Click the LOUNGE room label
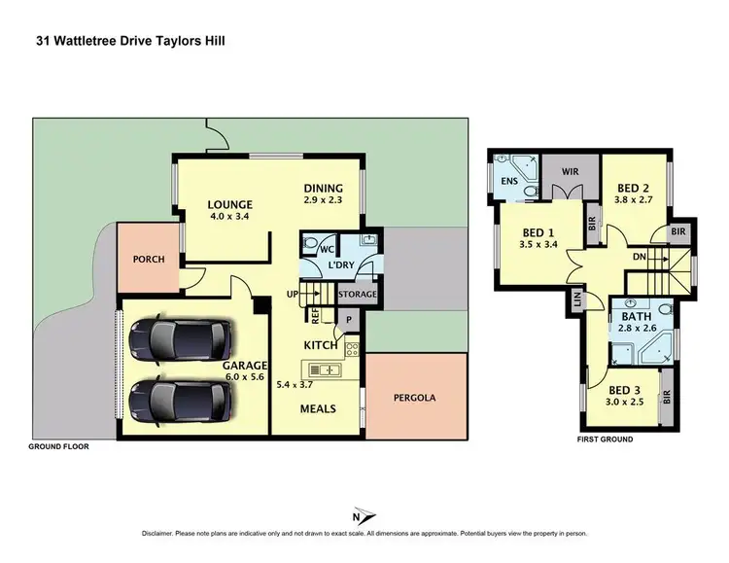point(230,205)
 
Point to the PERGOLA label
point(415,397)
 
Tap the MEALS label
point(317,408)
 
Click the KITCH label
point(320,345)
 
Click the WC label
point(313,249)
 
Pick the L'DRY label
point(340,266)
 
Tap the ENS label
point(508,182)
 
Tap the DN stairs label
point(639,258)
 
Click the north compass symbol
point(364,514)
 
